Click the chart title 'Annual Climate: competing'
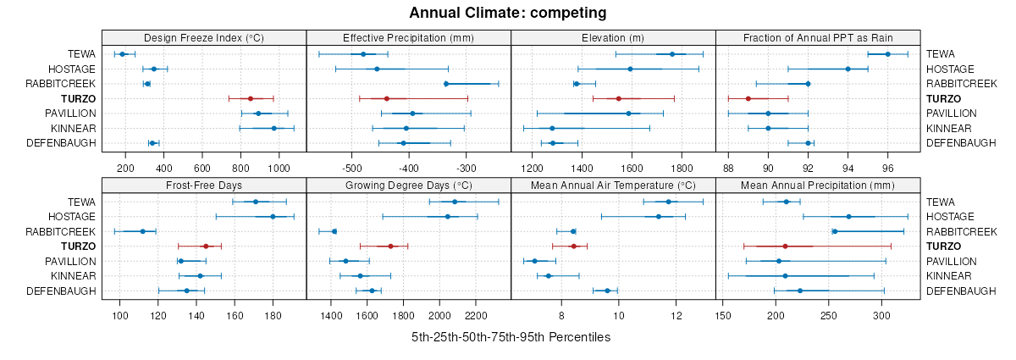(508, 13)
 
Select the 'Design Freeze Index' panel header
(204, 37)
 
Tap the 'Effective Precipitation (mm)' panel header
(408, 37)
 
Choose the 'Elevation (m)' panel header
(613, 37)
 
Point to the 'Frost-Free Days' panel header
(204, 185)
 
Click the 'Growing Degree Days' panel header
(408, 185)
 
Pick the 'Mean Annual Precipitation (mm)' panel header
(818, 185)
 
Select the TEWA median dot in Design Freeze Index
(123, 54)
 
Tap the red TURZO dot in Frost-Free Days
(206, 246)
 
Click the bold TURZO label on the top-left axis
(78, 98)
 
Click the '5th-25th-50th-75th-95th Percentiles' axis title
(511, 337)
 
